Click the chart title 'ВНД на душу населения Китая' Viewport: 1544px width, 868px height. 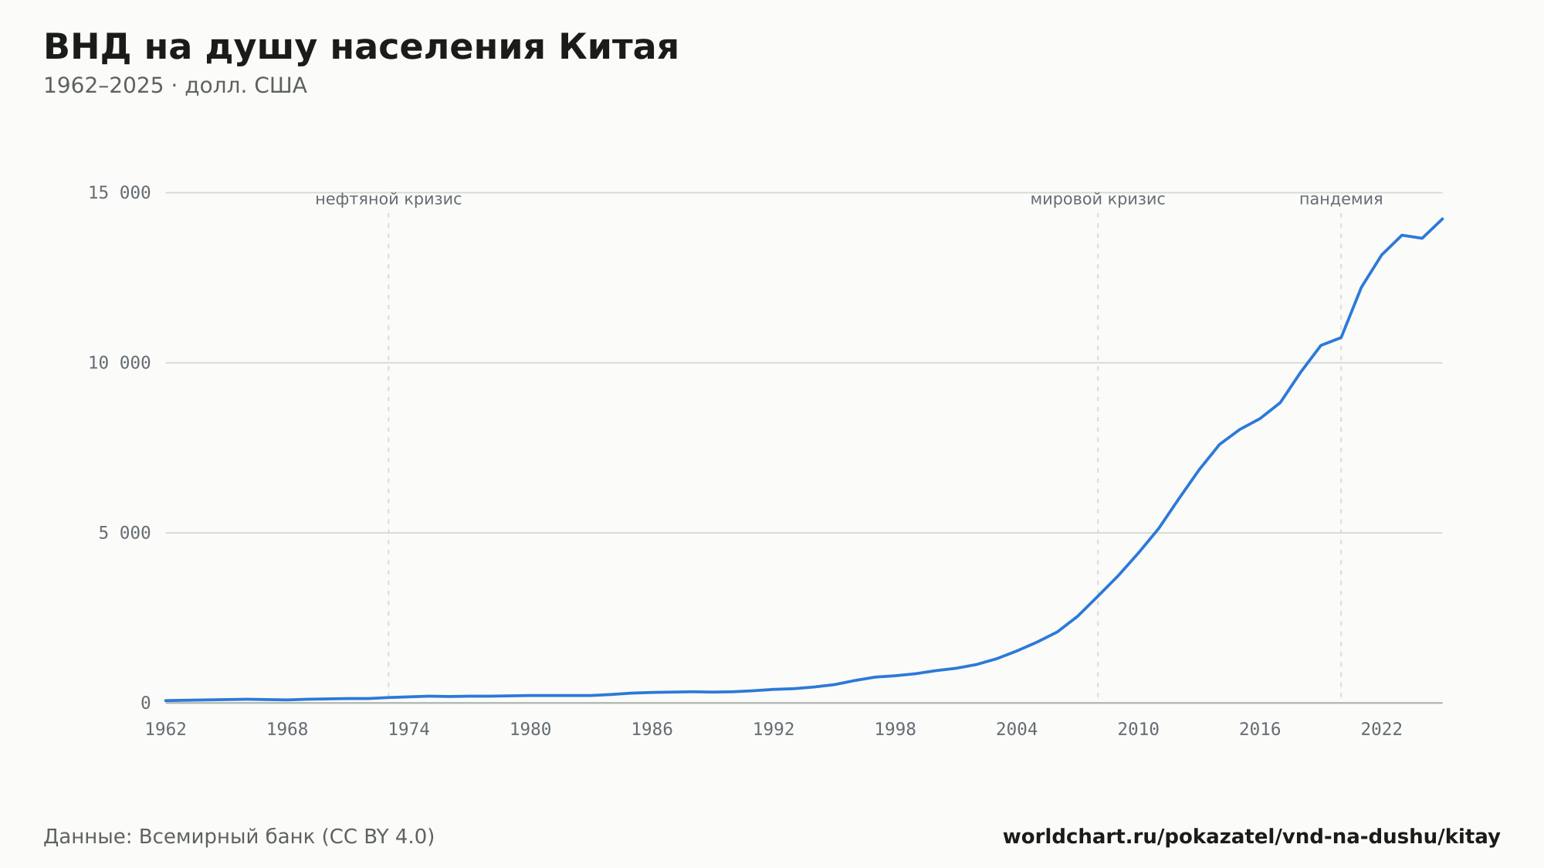point(361,48)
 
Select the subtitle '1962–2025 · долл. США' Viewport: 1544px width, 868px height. point(175,86)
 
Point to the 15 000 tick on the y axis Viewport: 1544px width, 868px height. point(120,192)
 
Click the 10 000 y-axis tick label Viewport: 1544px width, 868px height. point(120,362)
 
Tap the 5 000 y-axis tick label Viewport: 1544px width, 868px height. point(124,533)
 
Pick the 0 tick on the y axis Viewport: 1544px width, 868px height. point(146,703)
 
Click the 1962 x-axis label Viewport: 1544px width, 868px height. point(166,730)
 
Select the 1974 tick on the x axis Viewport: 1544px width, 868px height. point(409,730)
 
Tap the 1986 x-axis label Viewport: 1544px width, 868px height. point(652,730)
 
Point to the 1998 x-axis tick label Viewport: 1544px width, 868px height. point(896,730)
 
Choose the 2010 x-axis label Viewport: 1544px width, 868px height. point(1139,730)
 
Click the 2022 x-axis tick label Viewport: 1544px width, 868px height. point(1382,730)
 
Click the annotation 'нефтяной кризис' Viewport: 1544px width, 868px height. point(388,199)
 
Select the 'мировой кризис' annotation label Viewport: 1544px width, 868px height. point(1098,199)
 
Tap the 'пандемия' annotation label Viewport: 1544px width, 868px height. point(1341,199)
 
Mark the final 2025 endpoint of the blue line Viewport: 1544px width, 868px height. point(1442,219)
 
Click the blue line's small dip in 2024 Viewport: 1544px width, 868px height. point(1422,238)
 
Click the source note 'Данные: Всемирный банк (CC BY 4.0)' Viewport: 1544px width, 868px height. point(239,836)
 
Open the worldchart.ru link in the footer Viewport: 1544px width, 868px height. point(1251,836)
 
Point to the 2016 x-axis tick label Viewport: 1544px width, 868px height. point(1260,730)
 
